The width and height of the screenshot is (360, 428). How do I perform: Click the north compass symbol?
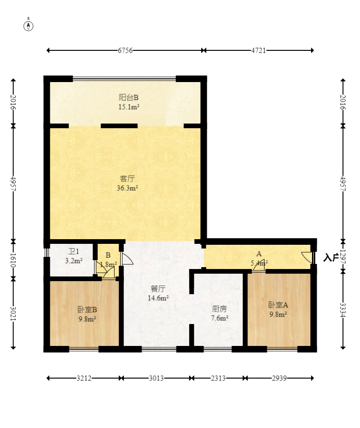[28, 25]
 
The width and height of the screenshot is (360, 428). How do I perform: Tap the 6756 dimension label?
[125, 50]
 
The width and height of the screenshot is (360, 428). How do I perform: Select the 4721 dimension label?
[258, 50]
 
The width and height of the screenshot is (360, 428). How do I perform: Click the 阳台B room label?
[129, 97]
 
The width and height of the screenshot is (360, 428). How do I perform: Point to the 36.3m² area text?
[127, 188]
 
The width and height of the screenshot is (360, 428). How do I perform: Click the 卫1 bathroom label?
[74, 251]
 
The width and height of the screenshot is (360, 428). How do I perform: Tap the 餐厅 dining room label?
[158, 289]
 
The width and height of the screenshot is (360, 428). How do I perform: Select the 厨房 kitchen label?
[219, 309]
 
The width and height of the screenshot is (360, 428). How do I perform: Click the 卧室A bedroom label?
[278, 305]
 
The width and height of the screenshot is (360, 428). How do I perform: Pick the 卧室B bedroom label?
[87, 310]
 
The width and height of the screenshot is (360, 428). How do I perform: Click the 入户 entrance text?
[331, 257]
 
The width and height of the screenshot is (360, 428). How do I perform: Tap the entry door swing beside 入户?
[307, 257]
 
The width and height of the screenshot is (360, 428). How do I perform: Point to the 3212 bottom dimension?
[84, 378]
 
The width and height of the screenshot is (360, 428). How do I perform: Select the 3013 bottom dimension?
[156, 378]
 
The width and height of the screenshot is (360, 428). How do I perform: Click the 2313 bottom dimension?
[218, 378]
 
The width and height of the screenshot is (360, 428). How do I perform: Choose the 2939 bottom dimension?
[279, 378]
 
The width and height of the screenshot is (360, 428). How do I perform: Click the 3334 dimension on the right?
[343, 310]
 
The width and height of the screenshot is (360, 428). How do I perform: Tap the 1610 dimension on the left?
[13, 260]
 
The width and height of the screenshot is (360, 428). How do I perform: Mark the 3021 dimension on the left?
[13, 314]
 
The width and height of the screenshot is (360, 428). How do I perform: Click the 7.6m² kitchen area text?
[219, 318]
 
